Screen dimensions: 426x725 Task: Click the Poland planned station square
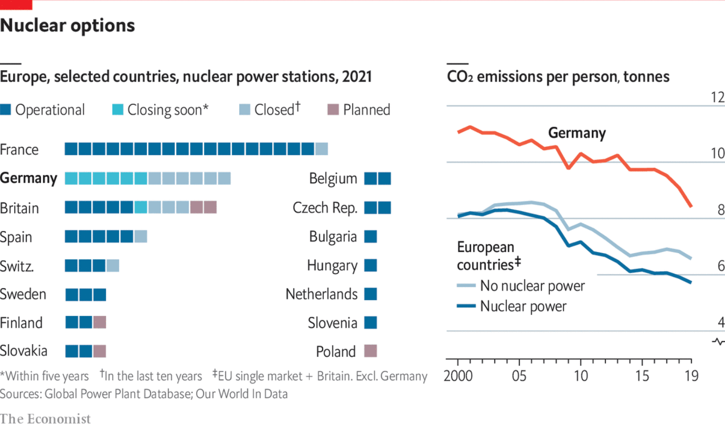[x=371, y=351]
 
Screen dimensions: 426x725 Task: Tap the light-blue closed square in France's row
[x=322, y=149]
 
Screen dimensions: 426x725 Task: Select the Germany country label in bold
[x=29, y=178]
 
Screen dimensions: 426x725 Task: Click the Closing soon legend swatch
[x=118, y=110]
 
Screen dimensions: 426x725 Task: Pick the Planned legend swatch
[x=333, y=110]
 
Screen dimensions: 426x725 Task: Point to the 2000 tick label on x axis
[x=458, y=376]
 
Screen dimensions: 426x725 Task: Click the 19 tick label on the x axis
[x=691, y=376]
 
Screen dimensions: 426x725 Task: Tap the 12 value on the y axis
[x=717, y=97]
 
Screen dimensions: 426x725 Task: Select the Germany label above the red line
[x=577, y=133]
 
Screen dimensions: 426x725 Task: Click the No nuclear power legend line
[x=466, y=285]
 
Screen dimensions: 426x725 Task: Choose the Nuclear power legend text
[x=523, y=306]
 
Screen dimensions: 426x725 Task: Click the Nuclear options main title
[x=68, y=26]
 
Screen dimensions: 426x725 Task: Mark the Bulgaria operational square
[x=371, y=237]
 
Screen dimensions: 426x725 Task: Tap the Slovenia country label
[x=332, y=323]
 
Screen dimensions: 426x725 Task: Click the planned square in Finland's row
[x=99, y=322]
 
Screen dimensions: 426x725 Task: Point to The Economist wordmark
[x=45, y=419]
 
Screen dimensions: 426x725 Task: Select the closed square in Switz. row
[x=113, y=265]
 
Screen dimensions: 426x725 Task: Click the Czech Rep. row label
[x=325, y=208]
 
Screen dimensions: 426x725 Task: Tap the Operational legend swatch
[x=6, y=110]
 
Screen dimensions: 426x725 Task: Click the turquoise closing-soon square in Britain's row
[x=141, y=207]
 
